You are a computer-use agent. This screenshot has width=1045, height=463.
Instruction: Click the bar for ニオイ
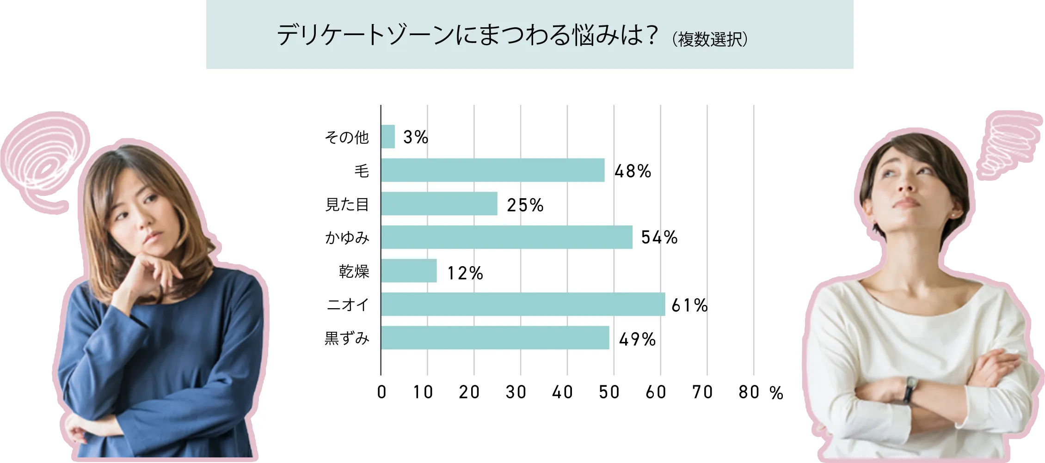(522, 304)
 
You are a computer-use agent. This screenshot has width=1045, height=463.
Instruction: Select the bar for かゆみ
(506, 237)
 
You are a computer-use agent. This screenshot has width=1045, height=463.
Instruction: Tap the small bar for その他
(388, 137)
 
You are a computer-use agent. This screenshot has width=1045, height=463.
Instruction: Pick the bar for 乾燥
(409, 271)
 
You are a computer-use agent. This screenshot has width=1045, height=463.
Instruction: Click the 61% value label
(689, 305)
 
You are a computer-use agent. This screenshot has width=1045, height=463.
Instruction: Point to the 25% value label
(525, 205)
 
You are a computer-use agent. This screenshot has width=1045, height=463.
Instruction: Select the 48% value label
(633, 171)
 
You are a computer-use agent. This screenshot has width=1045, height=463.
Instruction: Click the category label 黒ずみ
(347, 339)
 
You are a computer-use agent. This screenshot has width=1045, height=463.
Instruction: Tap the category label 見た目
(347, 204)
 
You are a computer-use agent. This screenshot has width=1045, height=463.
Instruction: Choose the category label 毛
(362, 171)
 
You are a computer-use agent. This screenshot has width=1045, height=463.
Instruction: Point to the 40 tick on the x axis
(562, 393)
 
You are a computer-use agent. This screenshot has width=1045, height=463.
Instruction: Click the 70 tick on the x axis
(702, 393)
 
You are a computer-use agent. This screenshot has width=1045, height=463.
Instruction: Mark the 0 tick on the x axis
(381, 393)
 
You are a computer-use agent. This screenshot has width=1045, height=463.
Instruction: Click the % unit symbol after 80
(777, 393)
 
